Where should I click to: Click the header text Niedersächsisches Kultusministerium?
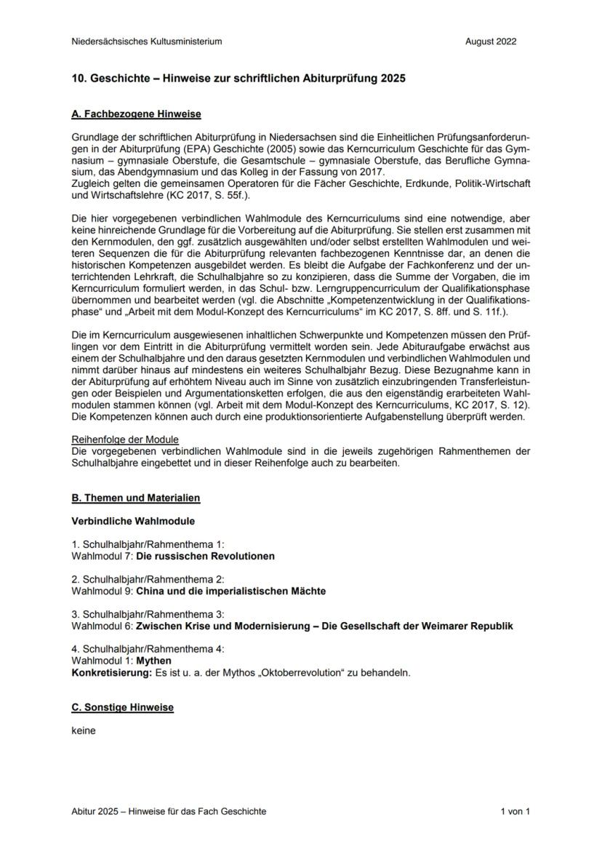click(x=147, y=41)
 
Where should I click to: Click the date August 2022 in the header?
click(x=491, y=41)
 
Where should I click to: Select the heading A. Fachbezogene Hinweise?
click(x=137, y=114)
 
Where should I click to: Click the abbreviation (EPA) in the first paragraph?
click(x=177, y=148)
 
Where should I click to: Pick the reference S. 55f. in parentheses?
click(x=241, y=196)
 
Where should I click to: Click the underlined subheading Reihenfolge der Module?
click(x=125, y=439)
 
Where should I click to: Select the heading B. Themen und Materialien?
click(x=136, y=498)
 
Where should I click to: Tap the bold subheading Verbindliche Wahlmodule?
click(x=133, y=522)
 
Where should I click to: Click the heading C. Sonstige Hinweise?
click(x=123, y=707)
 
